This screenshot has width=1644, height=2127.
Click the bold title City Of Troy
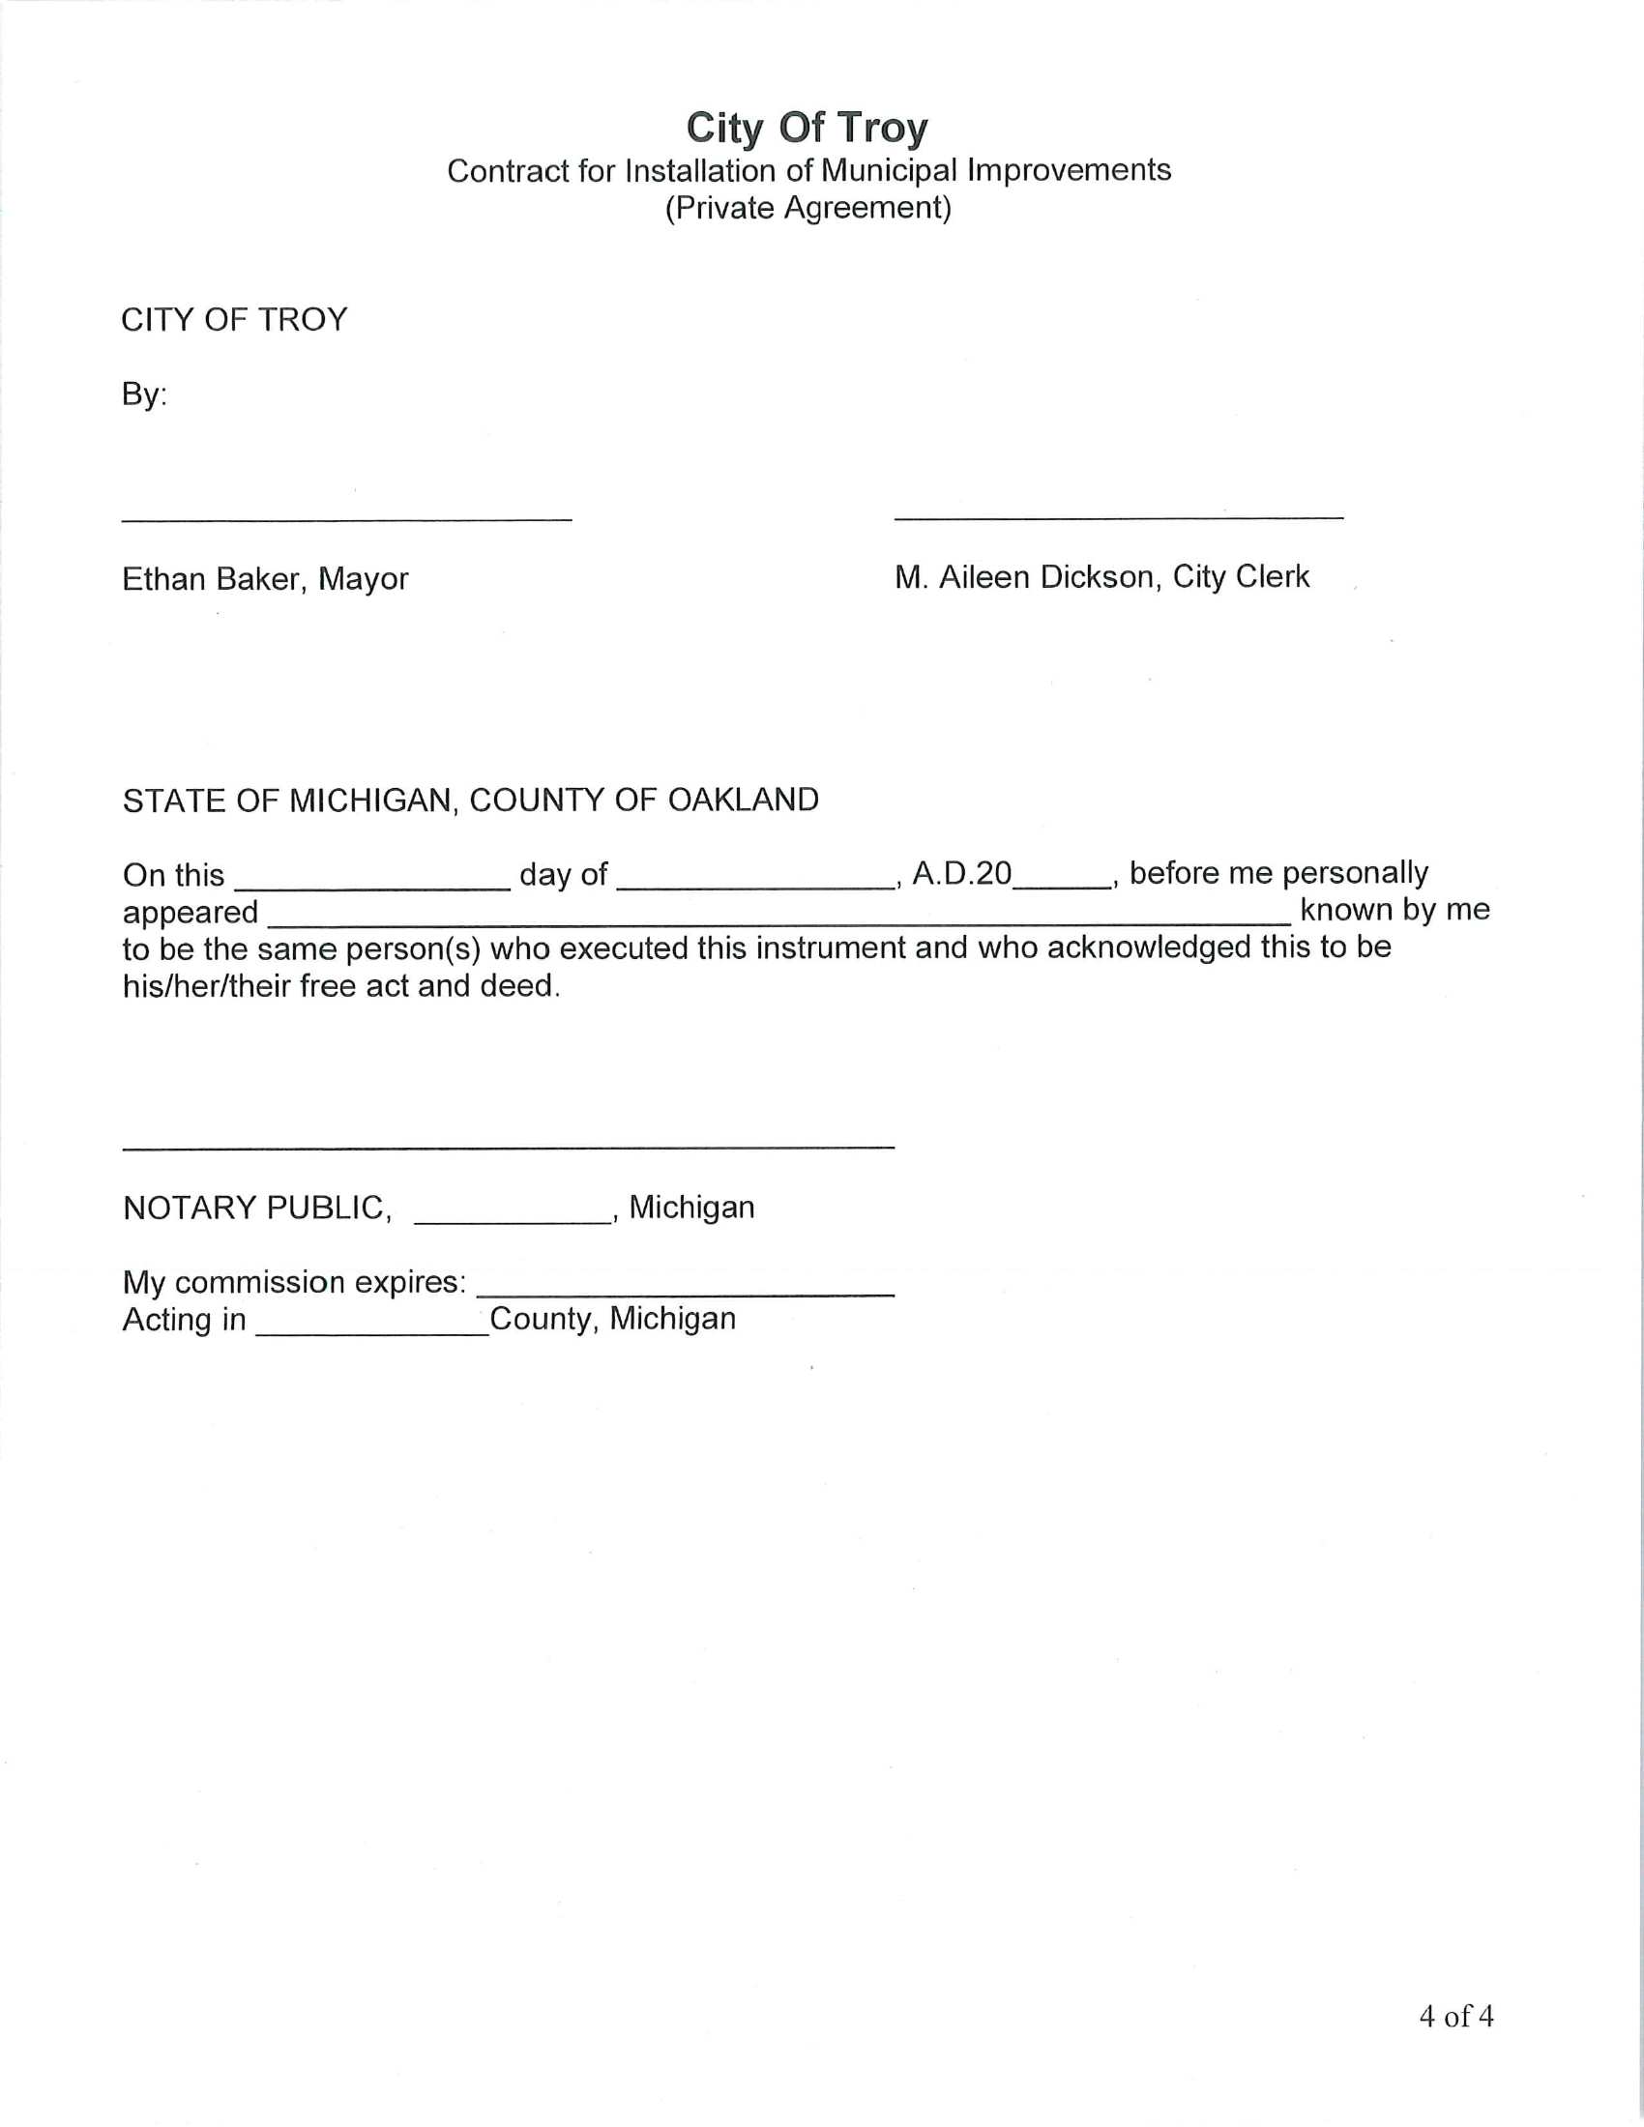click(807, 128)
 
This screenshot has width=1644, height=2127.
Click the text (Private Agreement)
click(807, 208)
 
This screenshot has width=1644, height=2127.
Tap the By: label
click(144, 394)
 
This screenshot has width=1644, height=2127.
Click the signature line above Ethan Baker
click(347, 518)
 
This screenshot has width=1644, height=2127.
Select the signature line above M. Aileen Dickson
click(1118, 516)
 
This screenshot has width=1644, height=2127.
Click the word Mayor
click(364, 579)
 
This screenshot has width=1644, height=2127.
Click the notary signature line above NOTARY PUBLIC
click(509, 1148)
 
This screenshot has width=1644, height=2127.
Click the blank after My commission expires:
click(685, 1293)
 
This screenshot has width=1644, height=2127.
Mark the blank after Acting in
click(372, 1331)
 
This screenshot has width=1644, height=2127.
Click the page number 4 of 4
click(1455, 2016)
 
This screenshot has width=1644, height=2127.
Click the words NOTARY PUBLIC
click(256, 1209)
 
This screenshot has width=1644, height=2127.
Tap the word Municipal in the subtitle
click(889, 170)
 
